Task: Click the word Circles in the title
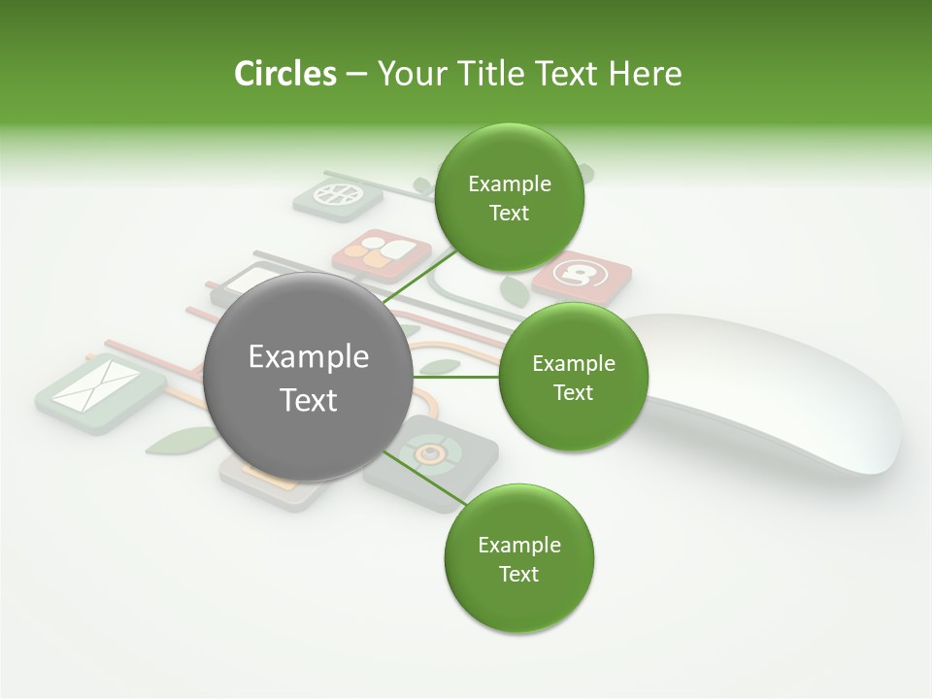[284, 74]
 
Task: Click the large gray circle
[308, 377]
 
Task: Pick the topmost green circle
[509, 198]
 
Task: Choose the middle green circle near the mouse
[573, 377]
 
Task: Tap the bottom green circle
[518, 559]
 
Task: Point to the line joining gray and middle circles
[456, 377]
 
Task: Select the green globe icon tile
[337, 195]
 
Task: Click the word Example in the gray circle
[308, 357]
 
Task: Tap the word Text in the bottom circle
[518, 574]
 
